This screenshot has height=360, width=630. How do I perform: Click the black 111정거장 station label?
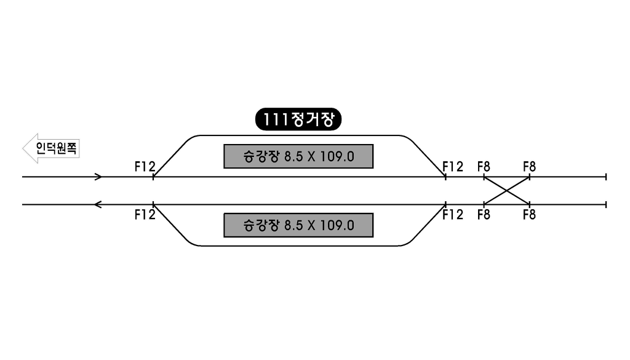pos(298,119)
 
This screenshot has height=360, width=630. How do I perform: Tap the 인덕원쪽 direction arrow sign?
pos(51,148)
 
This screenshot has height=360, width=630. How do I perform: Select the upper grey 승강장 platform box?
pos(298,156)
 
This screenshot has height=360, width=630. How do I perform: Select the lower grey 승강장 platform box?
pos(298,225)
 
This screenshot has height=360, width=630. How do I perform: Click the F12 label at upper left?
pos(145,166)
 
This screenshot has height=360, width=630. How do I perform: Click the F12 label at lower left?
pos(145,215)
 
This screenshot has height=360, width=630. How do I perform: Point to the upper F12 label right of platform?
pos(453,166)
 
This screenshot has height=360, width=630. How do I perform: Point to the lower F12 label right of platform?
pos(453,215)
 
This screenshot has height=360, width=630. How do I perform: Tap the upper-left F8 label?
pos(484,166)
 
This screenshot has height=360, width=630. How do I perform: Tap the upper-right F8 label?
pos(530,166)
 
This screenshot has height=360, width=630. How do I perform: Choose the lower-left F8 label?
pos(484,215)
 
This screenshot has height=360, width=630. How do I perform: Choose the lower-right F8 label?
pos(530,215)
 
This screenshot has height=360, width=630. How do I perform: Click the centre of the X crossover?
pos(507,190)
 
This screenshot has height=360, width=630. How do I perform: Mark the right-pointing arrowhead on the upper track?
pos(98,177)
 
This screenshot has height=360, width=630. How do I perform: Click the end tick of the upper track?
pos(606,177)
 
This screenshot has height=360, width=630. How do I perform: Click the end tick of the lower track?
pos(606,204)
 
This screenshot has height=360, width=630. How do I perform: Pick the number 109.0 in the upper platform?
pos(337,156)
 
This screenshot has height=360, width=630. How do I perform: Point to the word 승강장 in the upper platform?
pos(261,156)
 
